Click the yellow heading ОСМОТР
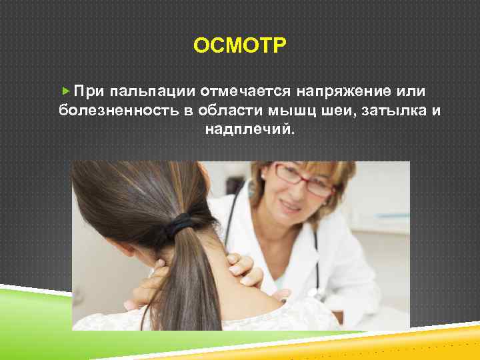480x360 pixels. [x=239, y=46]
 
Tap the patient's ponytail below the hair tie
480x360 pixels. [x=177, y=280]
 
